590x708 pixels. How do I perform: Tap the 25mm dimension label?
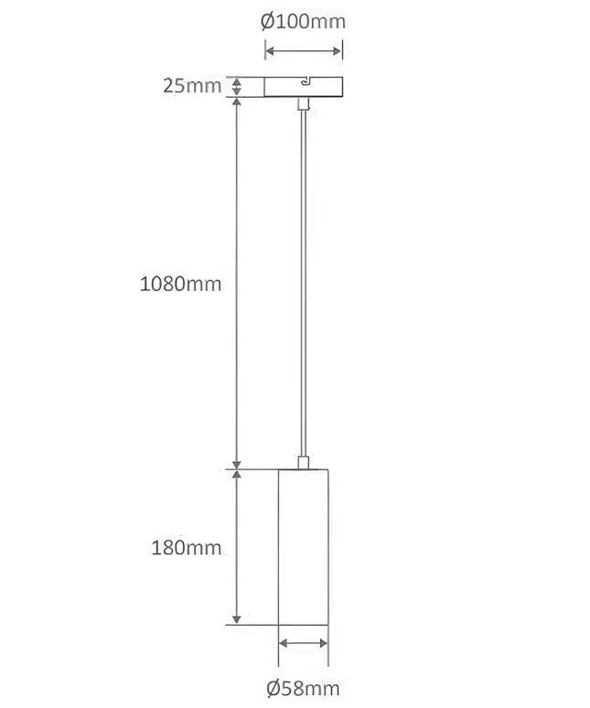[192, 87]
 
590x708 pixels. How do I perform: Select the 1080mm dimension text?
[180, 283]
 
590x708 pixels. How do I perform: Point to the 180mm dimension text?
[186, 548]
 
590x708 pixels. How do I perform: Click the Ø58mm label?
[303, 687]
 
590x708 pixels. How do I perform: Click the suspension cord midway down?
[303, 284]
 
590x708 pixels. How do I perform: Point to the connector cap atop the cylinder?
[303, 461]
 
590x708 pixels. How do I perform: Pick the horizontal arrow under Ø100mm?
[305, 49]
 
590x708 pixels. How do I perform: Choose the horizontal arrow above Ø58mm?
[303, 643]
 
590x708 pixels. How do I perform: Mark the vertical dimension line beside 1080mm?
[237, 283]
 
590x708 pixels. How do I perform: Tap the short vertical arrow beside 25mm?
[237, 87]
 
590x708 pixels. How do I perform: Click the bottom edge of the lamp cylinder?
[303, 626]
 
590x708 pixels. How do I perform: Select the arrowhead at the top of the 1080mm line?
[237, 103]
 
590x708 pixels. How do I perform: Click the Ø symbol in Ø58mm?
[274, 687]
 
